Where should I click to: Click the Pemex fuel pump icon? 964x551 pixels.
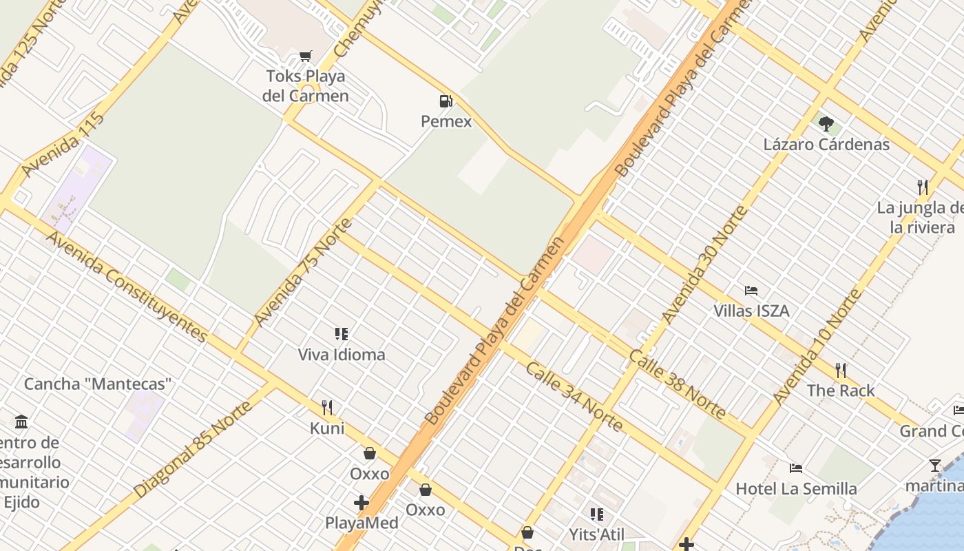[446, 102]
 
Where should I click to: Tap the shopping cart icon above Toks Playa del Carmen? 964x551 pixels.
[305, 56]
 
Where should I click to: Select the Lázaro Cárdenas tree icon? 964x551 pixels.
[826, 124]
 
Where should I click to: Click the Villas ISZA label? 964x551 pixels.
[751, 311]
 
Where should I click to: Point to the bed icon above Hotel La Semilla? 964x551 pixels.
[796, 468]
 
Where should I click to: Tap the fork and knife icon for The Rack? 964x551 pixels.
[841, 371]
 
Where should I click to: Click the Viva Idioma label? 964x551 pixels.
[342, 355]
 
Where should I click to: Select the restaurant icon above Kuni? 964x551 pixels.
[327, 408]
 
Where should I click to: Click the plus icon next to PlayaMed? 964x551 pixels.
[361, 503]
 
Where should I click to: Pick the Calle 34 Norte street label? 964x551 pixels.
[574, 396]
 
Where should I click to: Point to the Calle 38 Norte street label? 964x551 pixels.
[678, 384]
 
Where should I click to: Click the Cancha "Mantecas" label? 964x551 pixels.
[97, 384]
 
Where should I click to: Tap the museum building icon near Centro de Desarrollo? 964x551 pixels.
[21, 422]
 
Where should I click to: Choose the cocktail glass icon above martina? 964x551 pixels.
[934, 466]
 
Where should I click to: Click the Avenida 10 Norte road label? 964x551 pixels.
[817, 347]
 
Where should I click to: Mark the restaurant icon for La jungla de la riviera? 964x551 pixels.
[922, 187]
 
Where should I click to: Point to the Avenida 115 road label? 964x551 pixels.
[63, 145]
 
